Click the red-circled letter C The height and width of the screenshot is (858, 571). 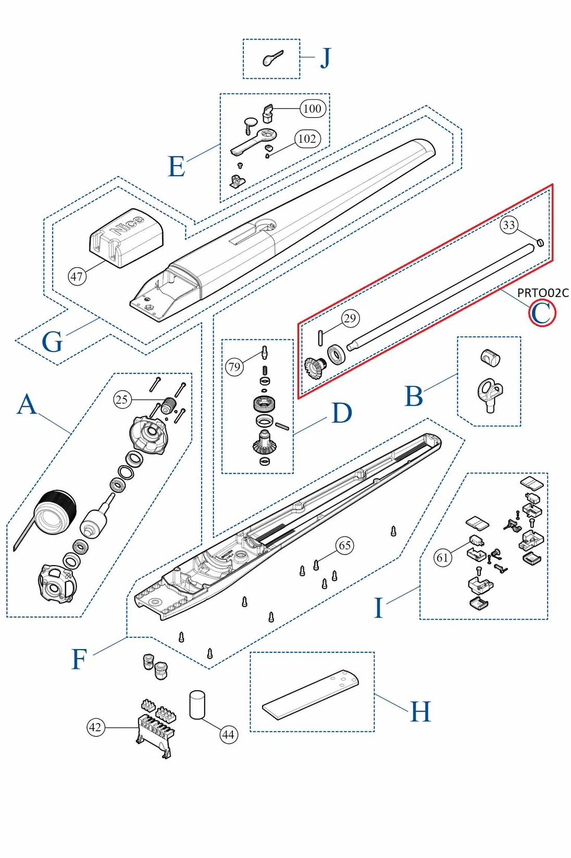[x=542, y=314]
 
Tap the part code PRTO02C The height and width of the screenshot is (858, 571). [x=542, y=293]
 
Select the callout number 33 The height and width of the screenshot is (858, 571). [x=508, y=225]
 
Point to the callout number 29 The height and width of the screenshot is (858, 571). [x=350, y=318]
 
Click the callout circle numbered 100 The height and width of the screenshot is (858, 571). [x=312, y=108]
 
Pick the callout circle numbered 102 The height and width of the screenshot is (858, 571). [x=307, y=139]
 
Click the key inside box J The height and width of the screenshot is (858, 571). [x=272, y=58]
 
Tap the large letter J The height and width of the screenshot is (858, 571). [x=325, y=58]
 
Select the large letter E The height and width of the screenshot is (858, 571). [x=177, y=167]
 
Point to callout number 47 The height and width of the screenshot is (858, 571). [x=77, y=276]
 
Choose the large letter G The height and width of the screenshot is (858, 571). [x=52, y=342]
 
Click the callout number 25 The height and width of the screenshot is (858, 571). [x=122, y=400]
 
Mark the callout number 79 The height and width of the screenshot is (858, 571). [x=234, y=367]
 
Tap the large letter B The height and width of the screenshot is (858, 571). [x=414, y=396]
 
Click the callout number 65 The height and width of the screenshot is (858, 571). [x=345, y=545]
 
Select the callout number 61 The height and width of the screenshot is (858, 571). [x=442, y=557]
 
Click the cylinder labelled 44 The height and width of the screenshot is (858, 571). [x=197, y=705]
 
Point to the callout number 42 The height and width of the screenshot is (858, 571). [x=95, y=727]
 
